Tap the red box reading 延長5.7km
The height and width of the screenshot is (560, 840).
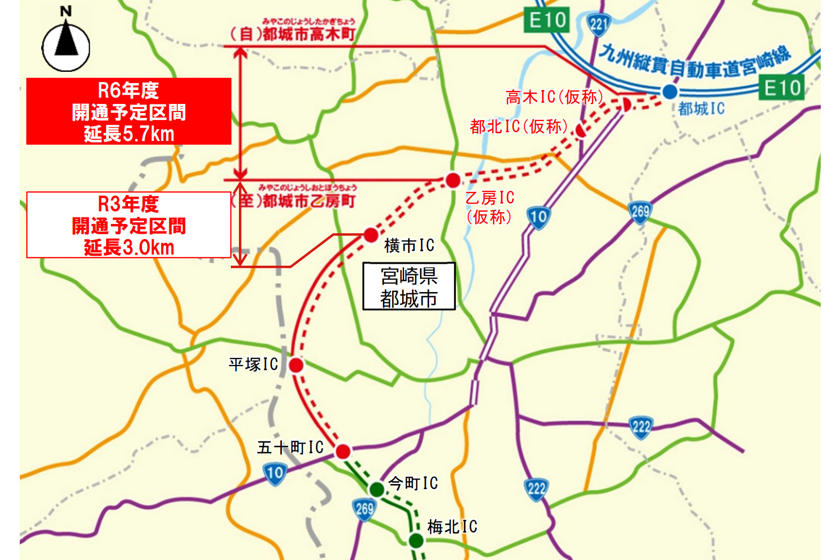coord(129,111)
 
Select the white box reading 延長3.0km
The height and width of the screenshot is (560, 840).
coord(129,225)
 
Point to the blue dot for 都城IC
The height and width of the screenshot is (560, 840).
coord(669,92)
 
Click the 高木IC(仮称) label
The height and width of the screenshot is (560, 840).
coord(554,97)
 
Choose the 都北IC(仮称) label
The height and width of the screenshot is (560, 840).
coord(519,126)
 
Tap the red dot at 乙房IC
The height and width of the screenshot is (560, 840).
coord(453,180)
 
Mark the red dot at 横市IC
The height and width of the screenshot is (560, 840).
coord(371,234)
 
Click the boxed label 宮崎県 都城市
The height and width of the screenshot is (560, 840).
coord(409,287)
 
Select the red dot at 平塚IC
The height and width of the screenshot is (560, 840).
coord(296,365)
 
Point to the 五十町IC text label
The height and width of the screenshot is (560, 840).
coord(290,447)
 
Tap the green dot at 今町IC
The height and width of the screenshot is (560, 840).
coord(377,489)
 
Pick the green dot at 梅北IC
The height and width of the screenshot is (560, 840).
coord(416,540)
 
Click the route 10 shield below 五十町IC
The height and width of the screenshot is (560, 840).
coord(275,473)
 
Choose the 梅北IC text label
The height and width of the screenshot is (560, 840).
coord(452,527)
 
